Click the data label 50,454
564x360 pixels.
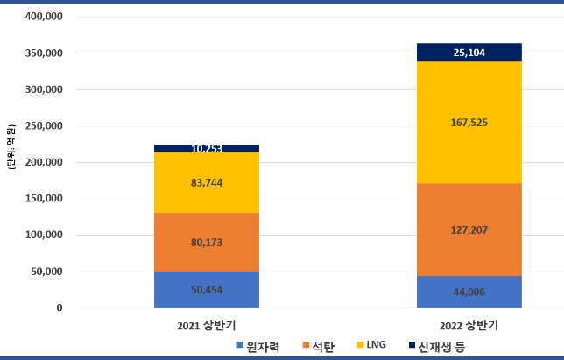pyautogui.click(x=207, y=290)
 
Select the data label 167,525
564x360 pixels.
pyautogui.click(x=469, y=123)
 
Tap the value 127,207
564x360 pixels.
pyautogui.click(x=469, y=230)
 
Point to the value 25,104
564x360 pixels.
pyautogui.click(x=469, y=53)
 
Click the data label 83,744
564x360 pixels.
pyautogui.click(x=207, y=182)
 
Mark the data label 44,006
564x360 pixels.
pyautogui.click(x=469, y=293)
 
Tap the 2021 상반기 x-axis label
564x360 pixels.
pyautogui.click(x=206, y=326)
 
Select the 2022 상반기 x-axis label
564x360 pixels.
pyautogui.click(x=469, y=326)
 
